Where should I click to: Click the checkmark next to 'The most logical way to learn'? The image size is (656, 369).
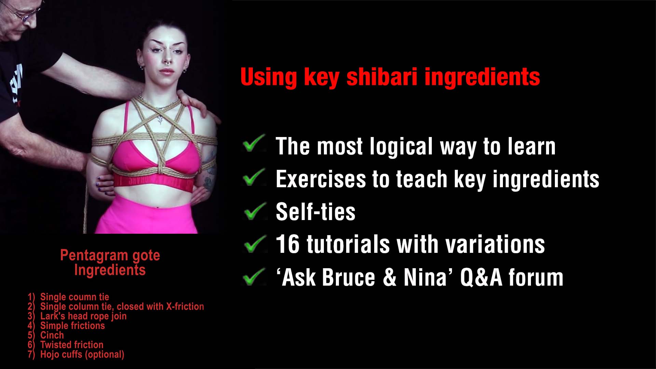[255, 143]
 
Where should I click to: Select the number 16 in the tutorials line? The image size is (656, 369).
[288, 244]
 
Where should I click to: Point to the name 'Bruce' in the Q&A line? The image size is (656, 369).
[348, 277]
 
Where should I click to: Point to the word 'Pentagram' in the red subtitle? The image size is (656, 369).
[94, 256]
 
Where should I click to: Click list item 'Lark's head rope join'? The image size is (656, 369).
[83, 316]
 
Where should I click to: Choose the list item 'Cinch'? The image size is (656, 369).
[52, 335]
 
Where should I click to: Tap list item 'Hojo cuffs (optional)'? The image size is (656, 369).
[82, 355]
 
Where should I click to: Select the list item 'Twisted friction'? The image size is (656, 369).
[72, 345]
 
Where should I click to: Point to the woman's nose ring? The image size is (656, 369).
[168, 63]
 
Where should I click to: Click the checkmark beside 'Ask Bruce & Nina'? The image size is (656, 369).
[255, 277]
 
